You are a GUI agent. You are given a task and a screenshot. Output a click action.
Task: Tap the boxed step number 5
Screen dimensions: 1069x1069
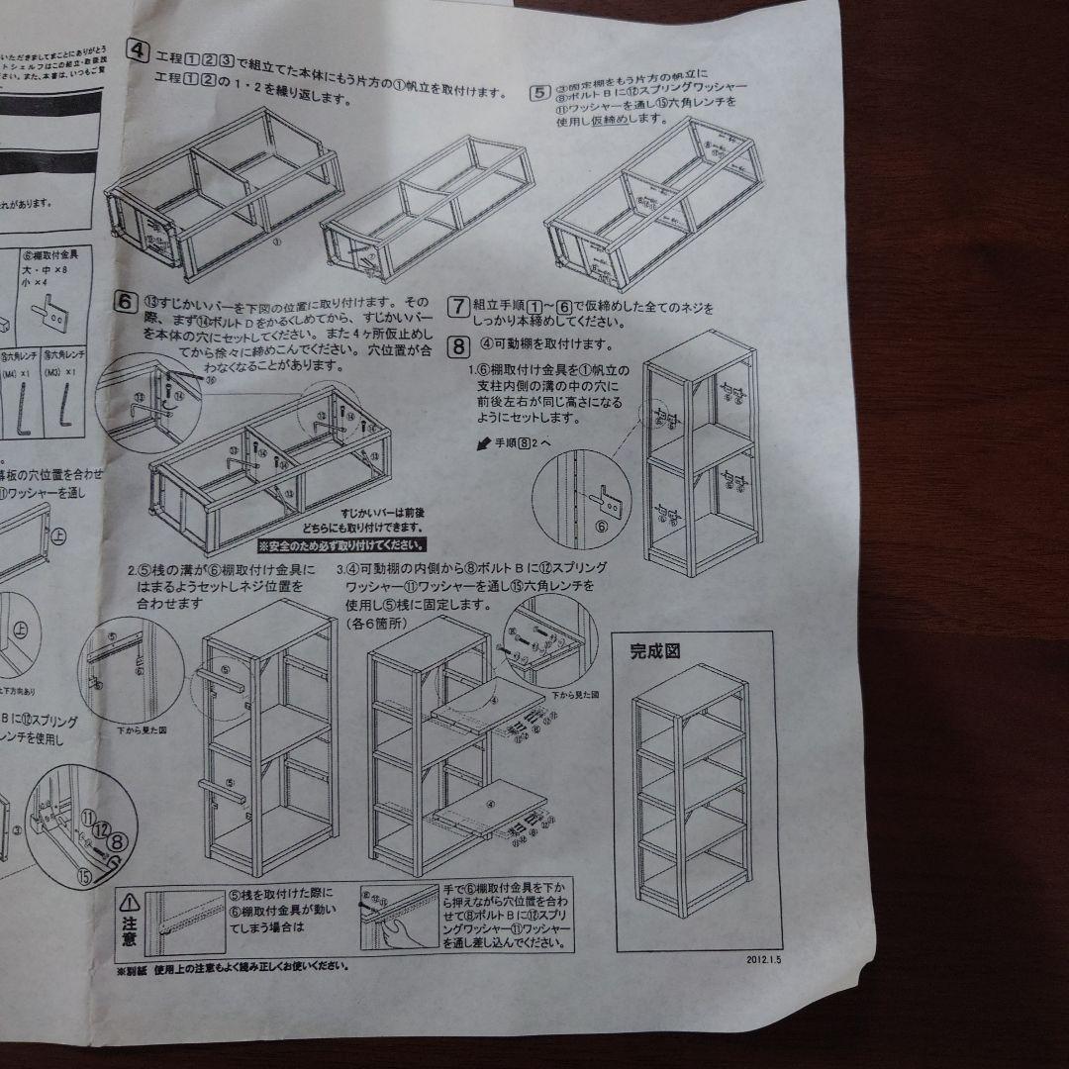click(x=540, y=93)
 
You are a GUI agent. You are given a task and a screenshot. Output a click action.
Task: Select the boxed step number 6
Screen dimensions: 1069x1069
click(x=125, y=301)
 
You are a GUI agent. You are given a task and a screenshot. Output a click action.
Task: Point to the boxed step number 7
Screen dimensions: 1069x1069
click(x=458, y=306)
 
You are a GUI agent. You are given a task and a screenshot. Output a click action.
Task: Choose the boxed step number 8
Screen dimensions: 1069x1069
click(x=458, y=345)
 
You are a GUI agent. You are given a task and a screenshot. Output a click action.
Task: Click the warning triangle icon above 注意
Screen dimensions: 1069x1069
click(x=131, y=903)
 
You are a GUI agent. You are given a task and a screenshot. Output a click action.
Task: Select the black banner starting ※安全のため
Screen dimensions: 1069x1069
click(x=342, y=545)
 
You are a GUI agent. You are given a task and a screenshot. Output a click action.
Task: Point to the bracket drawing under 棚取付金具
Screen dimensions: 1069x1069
click(x=51, y=316)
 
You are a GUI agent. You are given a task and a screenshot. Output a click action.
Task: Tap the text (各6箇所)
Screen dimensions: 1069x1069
click(x=373, y=626)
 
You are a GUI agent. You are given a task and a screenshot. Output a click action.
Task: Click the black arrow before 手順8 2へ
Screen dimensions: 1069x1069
click(x=484, y=445)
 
